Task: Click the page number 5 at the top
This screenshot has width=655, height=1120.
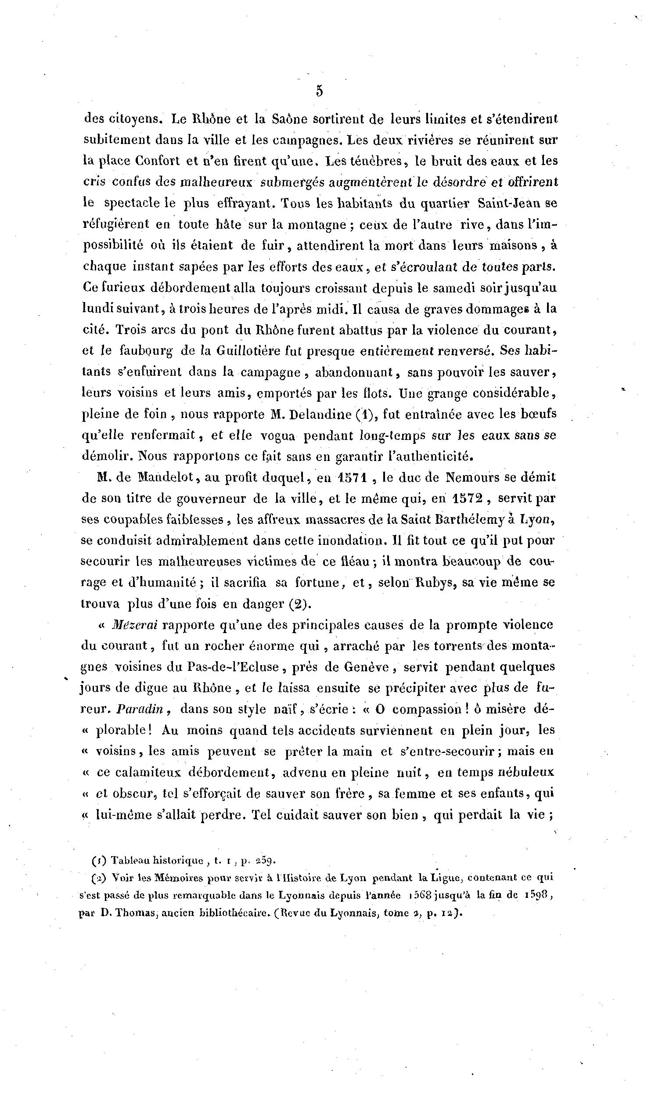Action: tap(319, 91)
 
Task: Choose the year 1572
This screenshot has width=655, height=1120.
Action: tap(468, 498)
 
